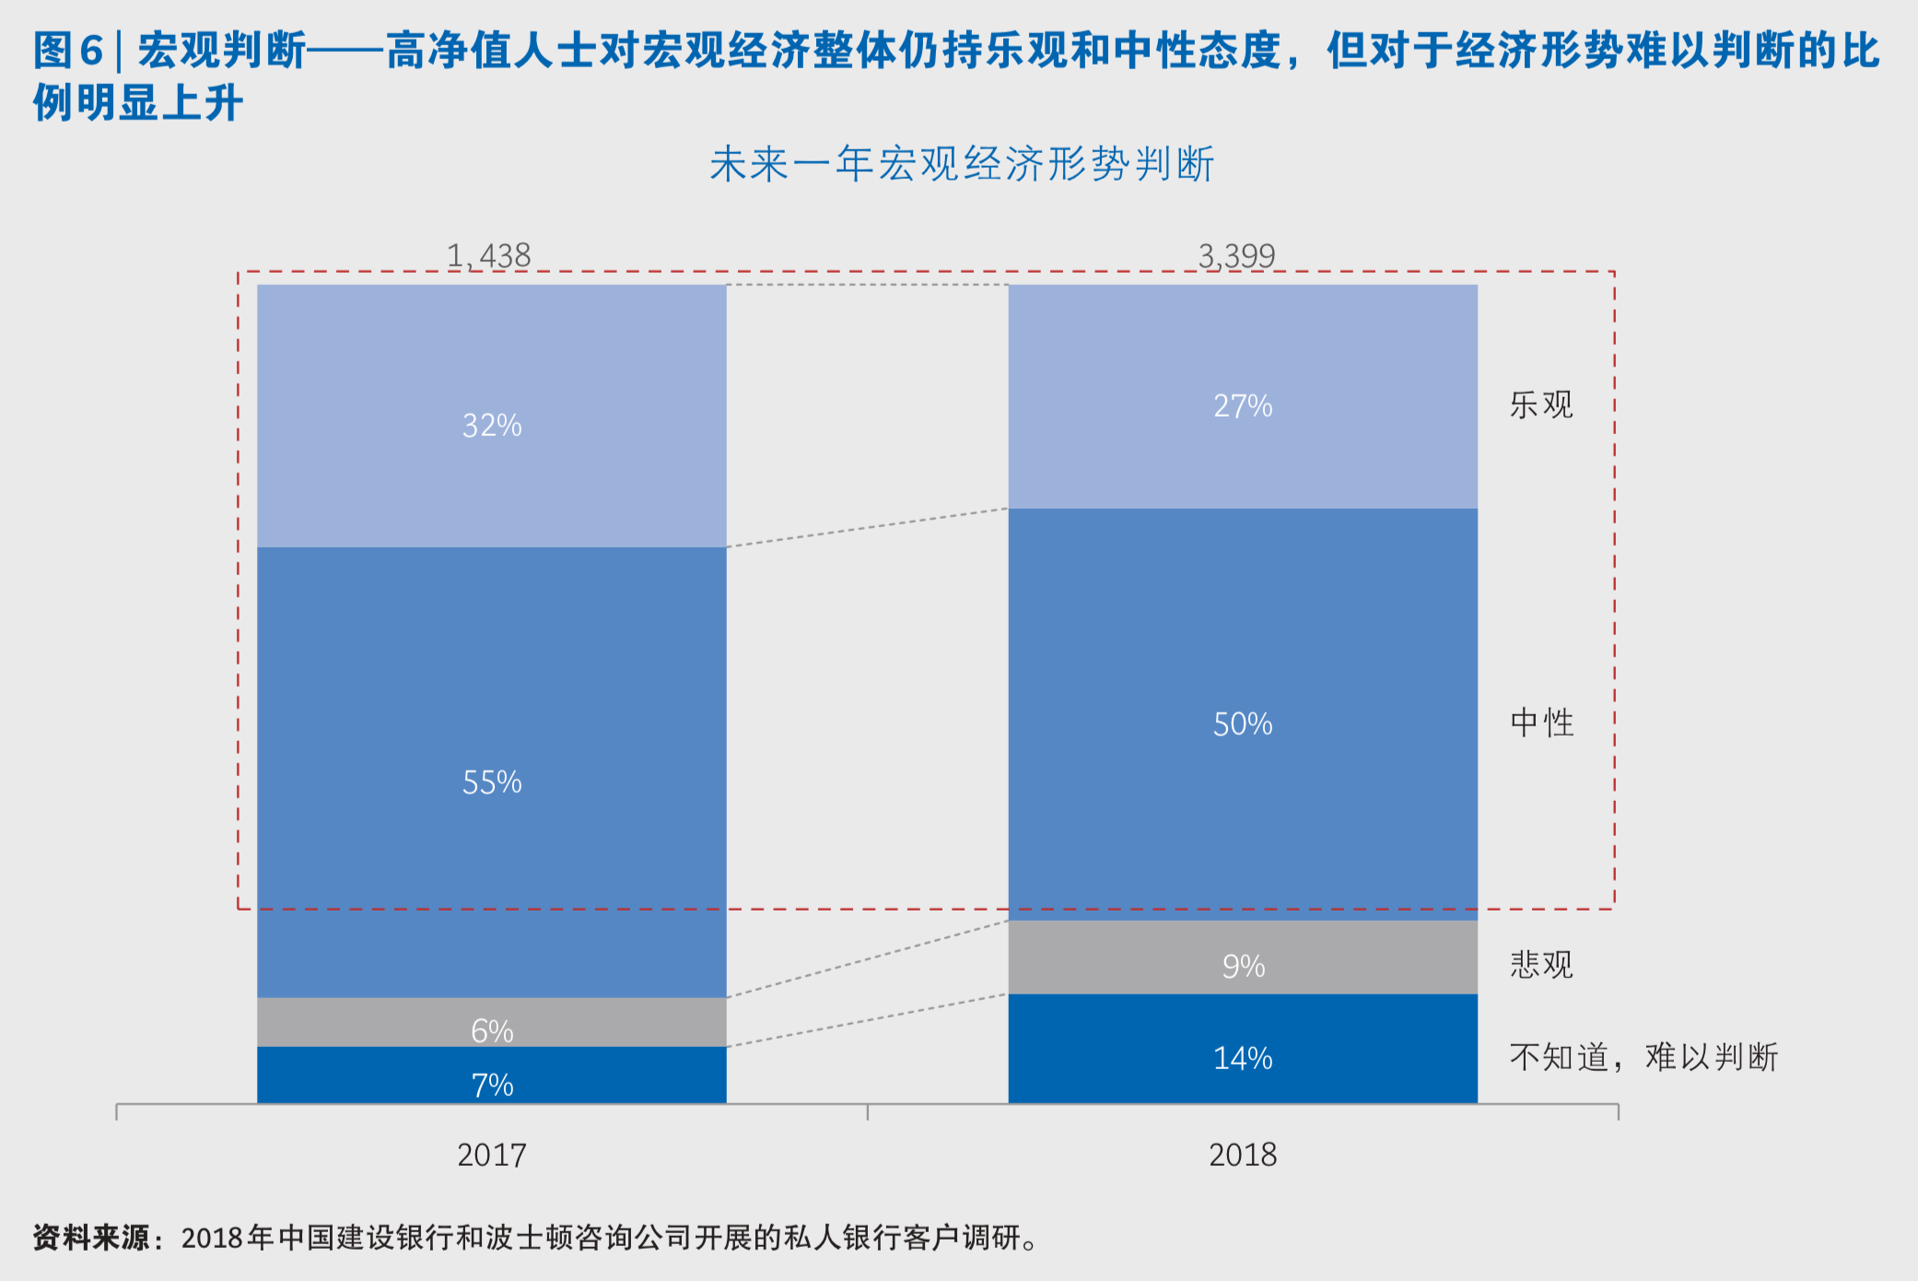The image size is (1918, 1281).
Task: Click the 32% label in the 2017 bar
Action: (492, 425)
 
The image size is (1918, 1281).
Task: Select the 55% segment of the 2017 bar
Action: (492, 782)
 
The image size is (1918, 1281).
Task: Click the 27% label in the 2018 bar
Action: (1243, 405)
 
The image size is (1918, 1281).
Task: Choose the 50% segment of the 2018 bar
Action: (1243, 723)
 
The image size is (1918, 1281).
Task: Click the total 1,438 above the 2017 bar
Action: (488, 255)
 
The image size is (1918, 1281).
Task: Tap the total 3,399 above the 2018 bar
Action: (1236, 255)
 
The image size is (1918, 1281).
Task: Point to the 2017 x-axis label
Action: (492, 1154)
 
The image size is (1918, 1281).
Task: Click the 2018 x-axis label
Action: (1243, 1154)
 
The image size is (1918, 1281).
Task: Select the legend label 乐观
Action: (1541, 404)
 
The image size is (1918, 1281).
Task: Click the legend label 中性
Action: (1541, 722)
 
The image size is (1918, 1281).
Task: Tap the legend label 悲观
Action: (1541, 964)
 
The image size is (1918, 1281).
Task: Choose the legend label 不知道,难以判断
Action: (1643, 1056)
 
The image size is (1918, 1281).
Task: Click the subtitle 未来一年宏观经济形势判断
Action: (962, 164)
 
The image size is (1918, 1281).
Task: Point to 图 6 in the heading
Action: (67, 50)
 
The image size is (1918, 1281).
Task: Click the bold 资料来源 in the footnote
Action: (90, 1237)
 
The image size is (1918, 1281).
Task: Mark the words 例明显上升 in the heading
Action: (138, 101)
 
